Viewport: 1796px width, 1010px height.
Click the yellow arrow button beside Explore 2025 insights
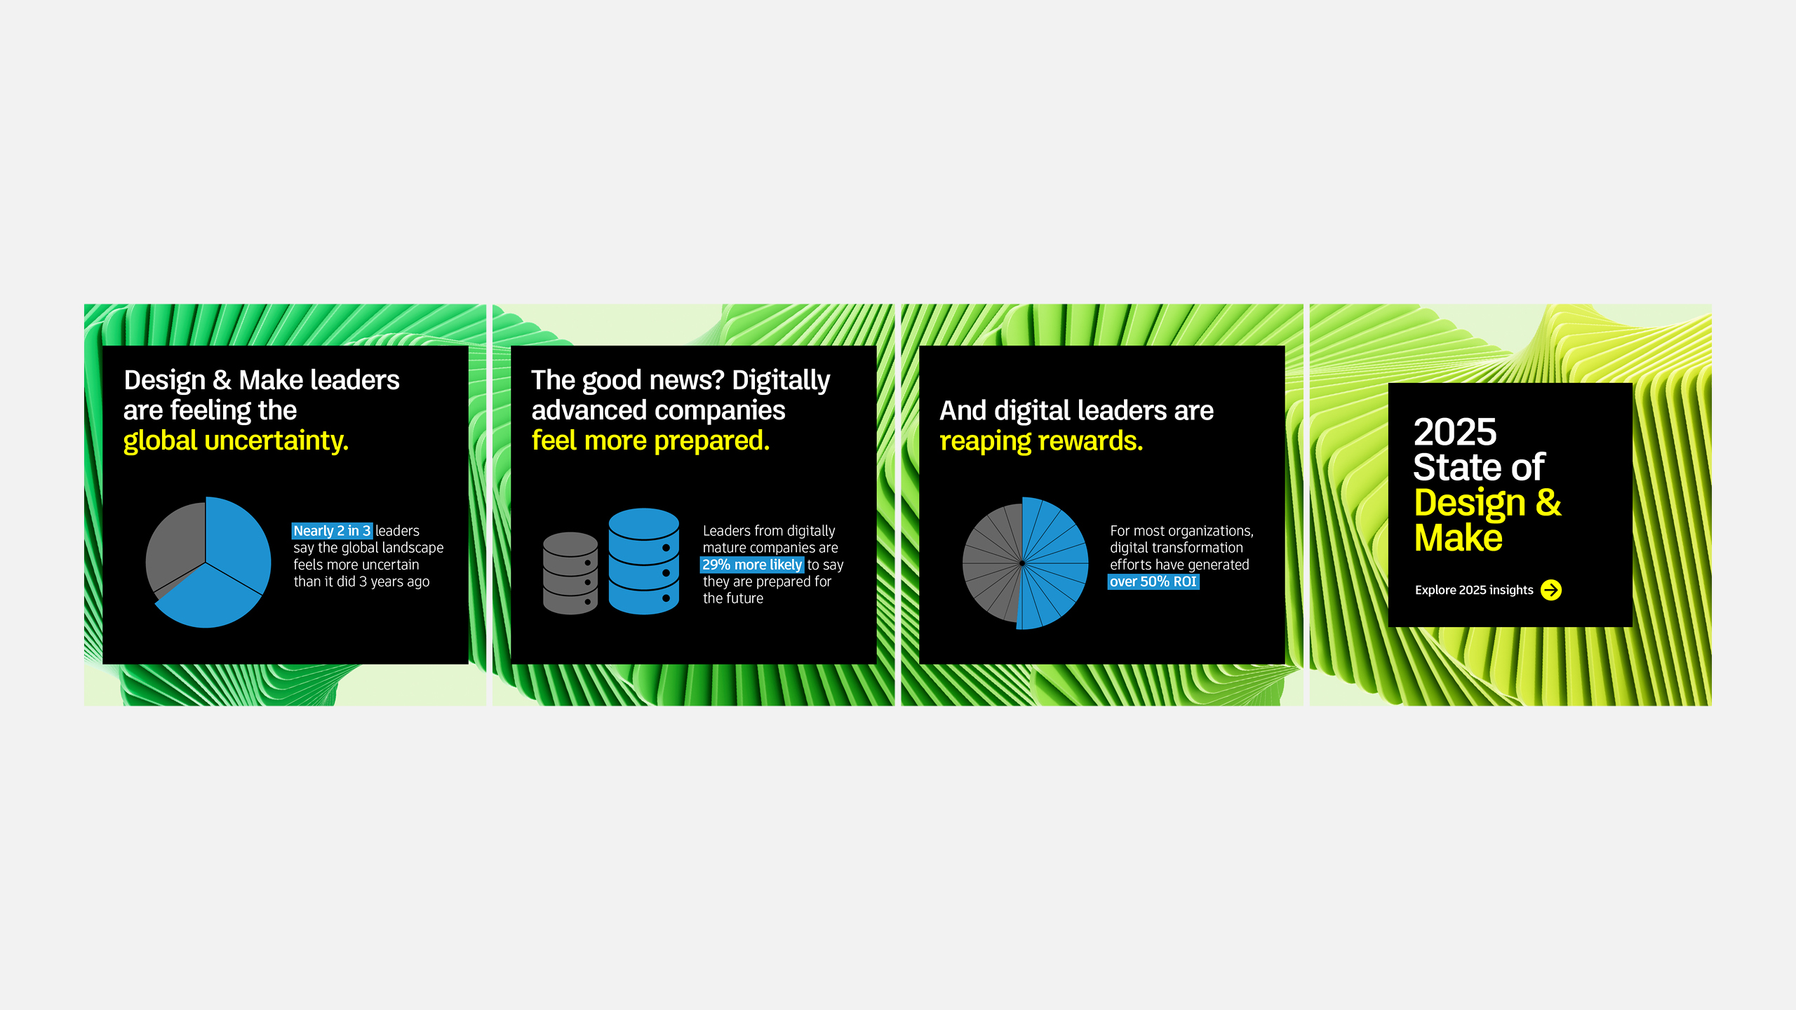[1550, 590]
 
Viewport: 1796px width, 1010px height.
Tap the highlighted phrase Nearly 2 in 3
[332, 531]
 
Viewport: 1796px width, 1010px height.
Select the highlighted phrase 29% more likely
[752, 565]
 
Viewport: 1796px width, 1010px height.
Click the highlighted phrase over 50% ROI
[1153, 581]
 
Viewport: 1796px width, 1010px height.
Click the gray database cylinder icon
[570, 573]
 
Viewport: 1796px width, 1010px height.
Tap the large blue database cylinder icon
[643, 561]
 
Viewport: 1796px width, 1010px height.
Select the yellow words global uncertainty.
[236, 441]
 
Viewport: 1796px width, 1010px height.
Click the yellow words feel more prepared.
[650, 441]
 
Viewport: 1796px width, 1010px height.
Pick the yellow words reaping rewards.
[1041, 441]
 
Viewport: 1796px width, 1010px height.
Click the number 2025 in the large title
[1455, 432]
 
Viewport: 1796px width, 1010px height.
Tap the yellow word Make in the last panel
[1458, 538]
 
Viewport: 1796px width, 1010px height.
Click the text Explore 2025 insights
[1474, 590]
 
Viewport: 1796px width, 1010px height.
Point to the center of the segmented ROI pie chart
[1022, 563]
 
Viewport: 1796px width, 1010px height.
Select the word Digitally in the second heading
[781, 380]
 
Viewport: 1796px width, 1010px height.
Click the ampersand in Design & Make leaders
[222, 380]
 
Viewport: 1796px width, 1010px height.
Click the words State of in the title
[1479, 467]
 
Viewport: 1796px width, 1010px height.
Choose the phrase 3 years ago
[394, 581]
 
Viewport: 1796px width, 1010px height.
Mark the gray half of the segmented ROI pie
[991, 561]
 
